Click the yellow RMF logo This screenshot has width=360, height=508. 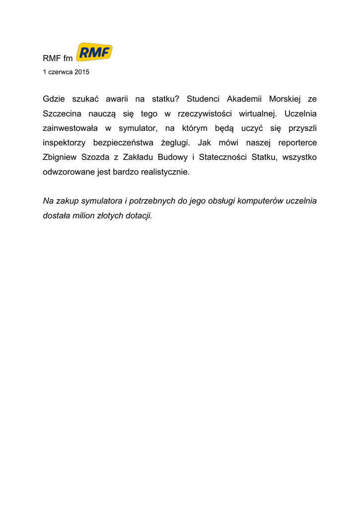click(94, 52)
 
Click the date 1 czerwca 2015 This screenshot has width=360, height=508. click(66, 72)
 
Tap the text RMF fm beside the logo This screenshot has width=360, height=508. click(58, 59)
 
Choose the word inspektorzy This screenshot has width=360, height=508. click(64, 143)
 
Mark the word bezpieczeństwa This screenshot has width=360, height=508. click(124, 143)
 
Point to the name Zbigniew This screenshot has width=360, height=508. click(60, 158)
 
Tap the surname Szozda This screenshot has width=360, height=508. click(99, 158)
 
